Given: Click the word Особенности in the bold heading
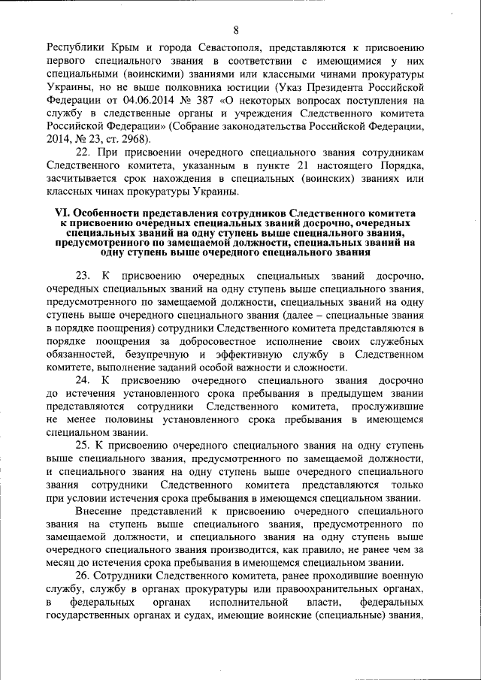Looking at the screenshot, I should click(x=118, y=213).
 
